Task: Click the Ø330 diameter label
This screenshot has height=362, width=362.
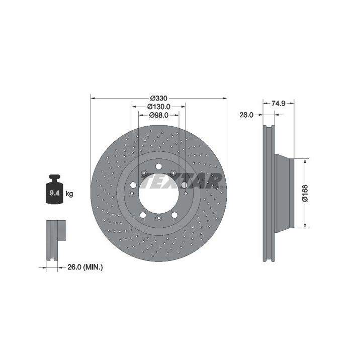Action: point(158,99)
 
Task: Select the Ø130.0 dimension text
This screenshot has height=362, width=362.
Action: point(159,107)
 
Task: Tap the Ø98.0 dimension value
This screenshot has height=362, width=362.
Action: point(159,115)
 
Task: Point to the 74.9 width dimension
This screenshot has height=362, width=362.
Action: point(278,104)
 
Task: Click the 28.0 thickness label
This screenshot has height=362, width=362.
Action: point(246,115)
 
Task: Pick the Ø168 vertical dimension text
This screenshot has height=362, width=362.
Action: point(305,193)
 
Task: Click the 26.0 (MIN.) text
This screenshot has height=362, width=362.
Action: point(85,267)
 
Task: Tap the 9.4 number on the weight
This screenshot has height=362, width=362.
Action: point(54,193)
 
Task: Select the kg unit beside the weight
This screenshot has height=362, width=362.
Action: point(69,194)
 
